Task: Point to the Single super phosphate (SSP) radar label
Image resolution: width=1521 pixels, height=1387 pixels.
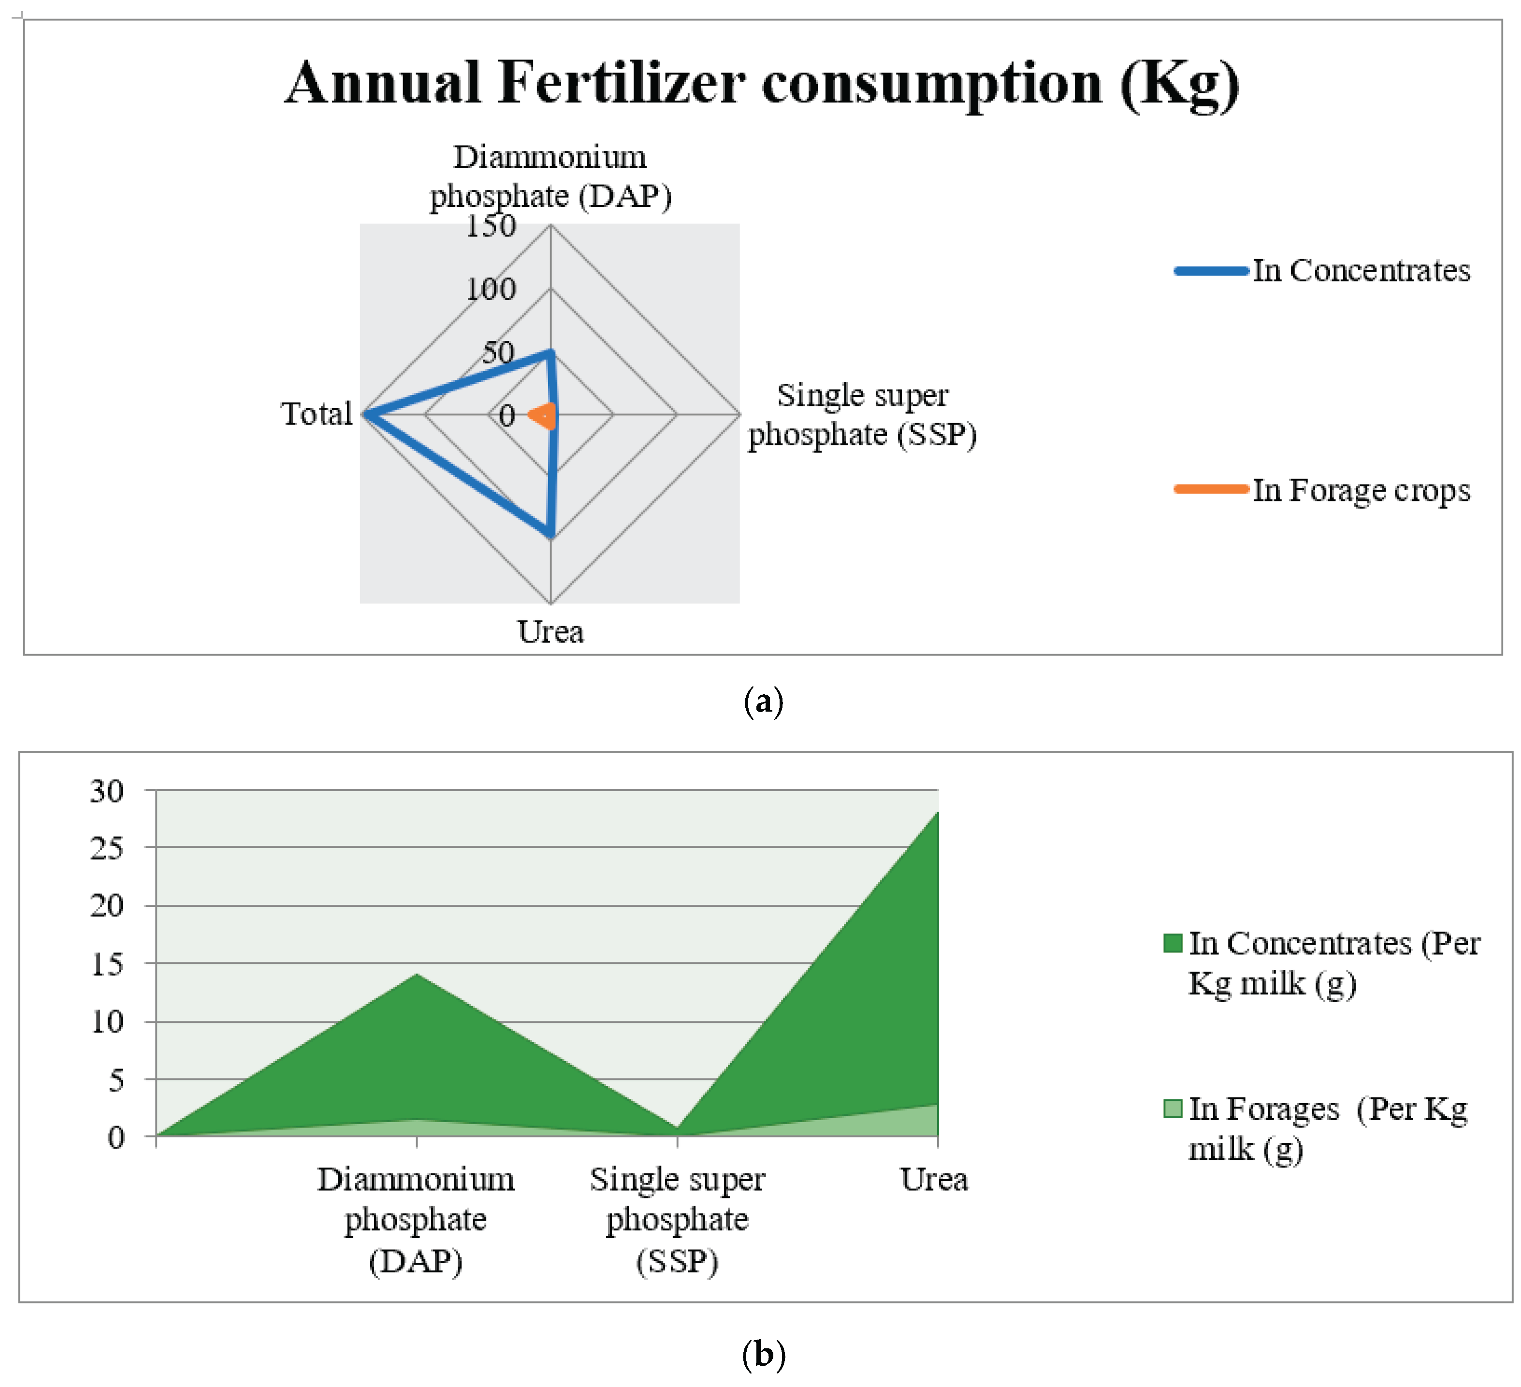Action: click(x=862, y=415)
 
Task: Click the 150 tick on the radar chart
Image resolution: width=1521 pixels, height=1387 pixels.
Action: click(x=491, y=226)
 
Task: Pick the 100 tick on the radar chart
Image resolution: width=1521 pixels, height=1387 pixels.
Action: click(x=491, y=290)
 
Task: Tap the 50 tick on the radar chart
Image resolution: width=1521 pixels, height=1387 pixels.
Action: click(x=498, y=352)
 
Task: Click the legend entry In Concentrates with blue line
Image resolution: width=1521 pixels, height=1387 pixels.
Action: click(x=1322, y=271)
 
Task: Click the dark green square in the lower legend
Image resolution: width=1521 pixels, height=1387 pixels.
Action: click(x=1173, y=943)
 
